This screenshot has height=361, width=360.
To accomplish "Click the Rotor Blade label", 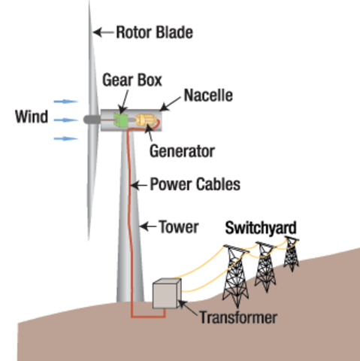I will point(154,32).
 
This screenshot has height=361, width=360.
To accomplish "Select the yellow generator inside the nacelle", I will point(144,120).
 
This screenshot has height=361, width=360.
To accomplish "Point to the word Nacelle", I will point(208,96).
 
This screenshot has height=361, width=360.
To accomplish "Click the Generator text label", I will point(182,150).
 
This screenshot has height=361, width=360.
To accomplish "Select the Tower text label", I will point(177,225).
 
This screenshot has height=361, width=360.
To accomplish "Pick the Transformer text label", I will point(237,317).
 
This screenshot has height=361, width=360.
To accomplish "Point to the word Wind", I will point(31,117).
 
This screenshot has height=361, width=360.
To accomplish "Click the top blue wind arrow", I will point(65,100).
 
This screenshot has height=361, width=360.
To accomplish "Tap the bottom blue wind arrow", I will point(65,138).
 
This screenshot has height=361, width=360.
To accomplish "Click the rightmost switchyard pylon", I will point(291,253).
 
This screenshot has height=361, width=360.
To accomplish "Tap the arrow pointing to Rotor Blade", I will point(104,32).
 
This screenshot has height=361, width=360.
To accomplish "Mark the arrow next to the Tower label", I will point(146,224).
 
